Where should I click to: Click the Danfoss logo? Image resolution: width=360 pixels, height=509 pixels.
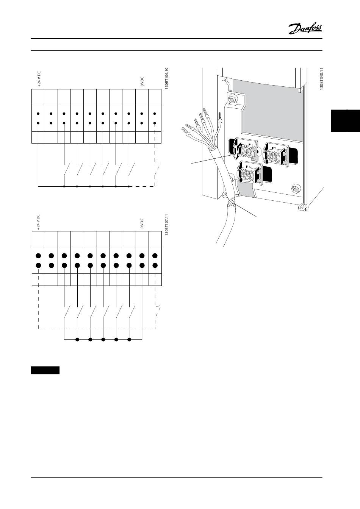305,28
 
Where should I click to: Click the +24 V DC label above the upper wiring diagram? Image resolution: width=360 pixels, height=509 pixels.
39,79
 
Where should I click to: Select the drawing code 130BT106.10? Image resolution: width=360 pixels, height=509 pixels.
166,79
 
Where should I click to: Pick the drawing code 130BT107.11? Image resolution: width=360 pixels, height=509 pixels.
166,226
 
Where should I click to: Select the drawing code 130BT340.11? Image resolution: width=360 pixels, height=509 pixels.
321,79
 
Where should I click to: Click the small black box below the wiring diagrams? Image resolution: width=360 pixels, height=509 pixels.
45,370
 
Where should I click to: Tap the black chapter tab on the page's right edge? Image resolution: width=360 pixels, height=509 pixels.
345,121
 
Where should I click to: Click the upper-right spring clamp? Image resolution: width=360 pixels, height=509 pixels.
276,153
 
